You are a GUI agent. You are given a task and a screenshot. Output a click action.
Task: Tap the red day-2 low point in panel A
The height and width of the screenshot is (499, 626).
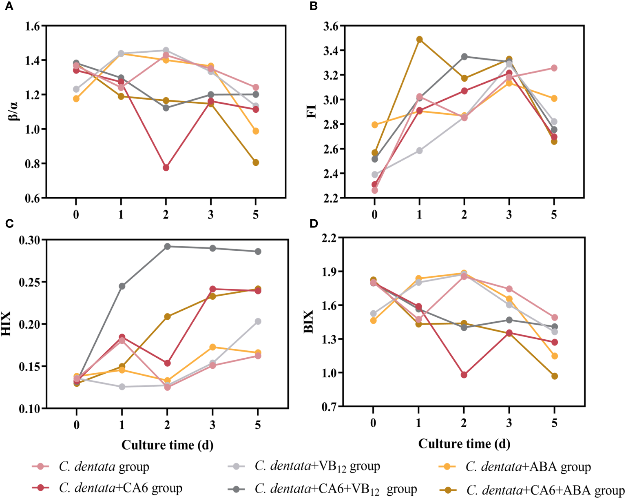pyautogui.click(x=166, y=167)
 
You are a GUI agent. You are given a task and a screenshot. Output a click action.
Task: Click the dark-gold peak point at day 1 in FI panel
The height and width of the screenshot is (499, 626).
pyautogui.click(x=419, y=40)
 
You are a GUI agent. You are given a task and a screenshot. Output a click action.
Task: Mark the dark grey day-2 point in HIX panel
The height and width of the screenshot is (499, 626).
pyautogui.click(x=167, y=246)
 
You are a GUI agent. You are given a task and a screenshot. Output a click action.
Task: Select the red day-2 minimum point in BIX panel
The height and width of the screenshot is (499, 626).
pyautogui.click(x=464, y=374)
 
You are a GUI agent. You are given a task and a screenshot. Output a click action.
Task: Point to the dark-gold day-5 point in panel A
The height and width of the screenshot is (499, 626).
pyautogui.click(x=256, y=163)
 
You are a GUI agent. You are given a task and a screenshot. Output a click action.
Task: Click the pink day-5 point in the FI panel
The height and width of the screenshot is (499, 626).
pyautogui.click(x=554, y=68)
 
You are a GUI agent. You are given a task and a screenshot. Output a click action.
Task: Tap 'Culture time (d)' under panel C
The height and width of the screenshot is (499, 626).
pyautogui.click(x=167, y=445)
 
